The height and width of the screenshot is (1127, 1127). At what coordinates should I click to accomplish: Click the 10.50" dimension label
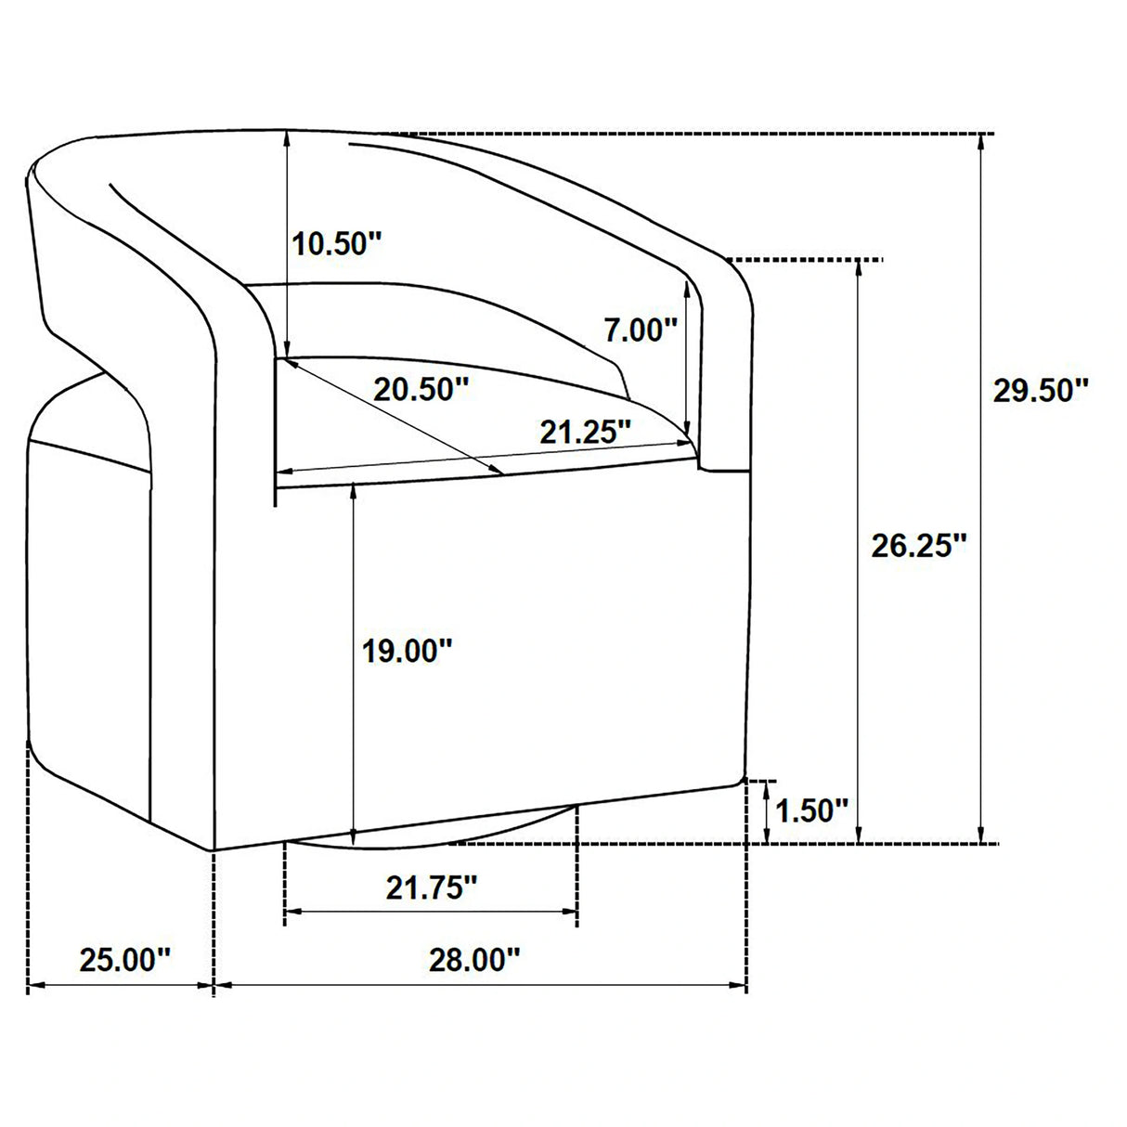click(337, 244)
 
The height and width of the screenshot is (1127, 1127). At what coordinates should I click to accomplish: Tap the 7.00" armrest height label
click(641, 330)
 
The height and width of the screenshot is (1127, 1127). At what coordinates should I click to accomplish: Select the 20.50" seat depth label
click(421, 389)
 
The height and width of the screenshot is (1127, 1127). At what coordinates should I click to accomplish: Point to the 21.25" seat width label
click(586, 433)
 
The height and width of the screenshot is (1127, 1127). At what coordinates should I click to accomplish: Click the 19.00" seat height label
click(408, 651)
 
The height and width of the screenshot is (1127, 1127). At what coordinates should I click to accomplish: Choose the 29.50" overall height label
click(1041, 390)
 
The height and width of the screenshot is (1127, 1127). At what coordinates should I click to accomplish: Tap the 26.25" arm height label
click(919, 546)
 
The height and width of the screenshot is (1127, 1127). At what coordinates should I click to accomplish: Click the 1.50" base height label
click(811, 810)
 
